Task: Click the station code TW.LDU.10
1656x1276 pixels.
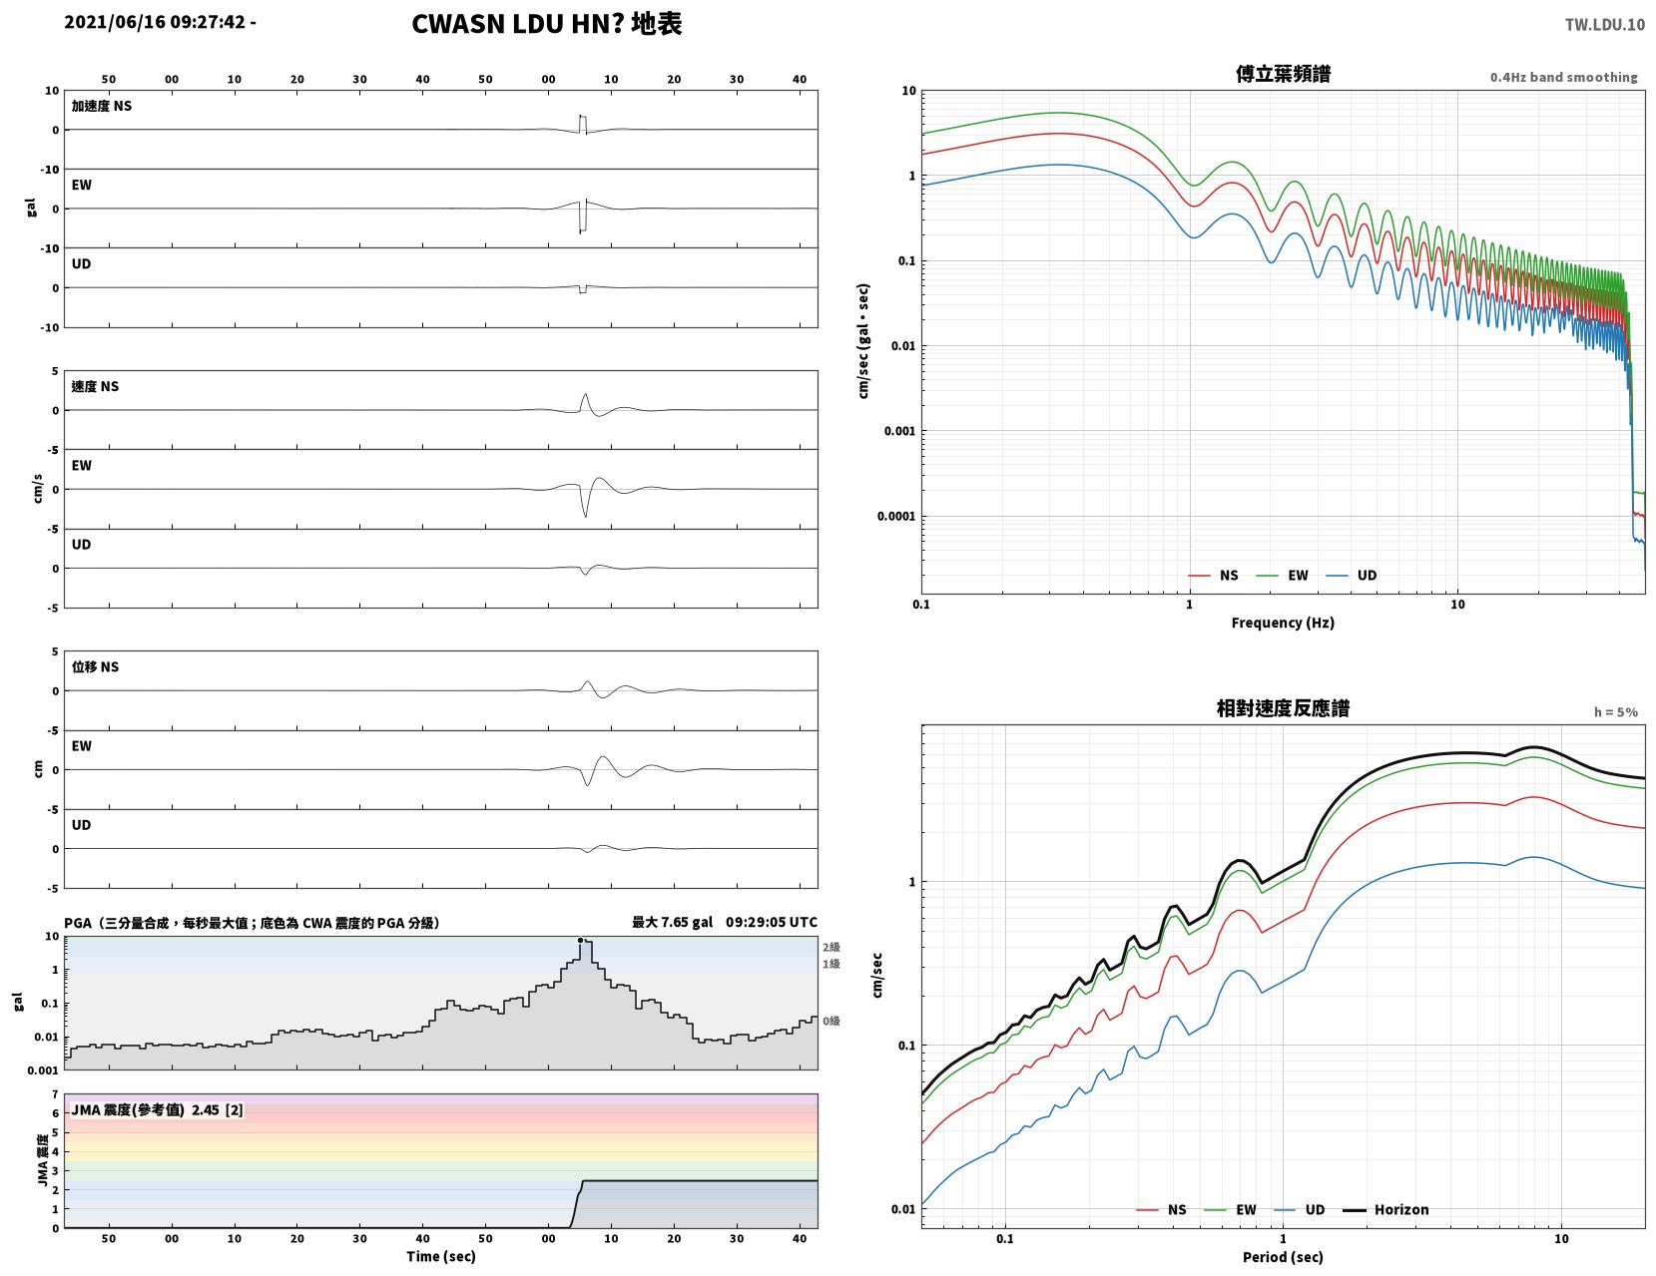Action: click(x=1604, y=24)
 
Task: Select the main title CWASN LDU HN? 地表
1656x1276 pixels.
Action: click(x=546, y=24)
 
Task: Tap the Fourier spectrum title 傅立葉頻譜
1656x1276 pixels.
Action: click(x=1283, y=74)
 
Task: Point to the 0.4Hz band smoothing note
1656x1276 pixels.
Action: click(x=1563, y=77)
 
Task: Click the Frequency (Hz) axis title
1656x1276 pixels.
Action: click(x=1283, y=622)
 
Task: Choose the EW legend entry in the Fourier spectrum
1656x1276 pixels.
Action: click(x=1282, y=575)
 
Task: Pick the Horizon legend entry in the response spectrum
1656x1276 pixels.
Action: click(x=1384, y=1209)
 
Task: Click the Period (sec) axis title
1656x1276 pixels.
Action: click(x=1283, y=1257)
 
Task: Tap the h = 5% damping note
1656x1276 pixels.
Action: click(x=1615, y=712)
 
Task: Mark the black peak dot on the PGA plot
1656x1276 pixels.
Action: click(x=580, y=940)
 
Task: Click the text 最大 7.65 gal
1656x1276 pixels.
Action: click(x=672, y=922)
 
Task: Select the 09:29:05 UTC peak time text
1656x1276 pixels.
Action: click(x=772, y=922)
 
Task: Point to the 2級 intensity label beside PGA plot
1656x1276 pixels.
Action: click(x=830, y=947)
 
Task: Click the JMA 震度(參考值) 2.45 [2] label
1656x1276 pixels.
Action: click(x=157, y=1109)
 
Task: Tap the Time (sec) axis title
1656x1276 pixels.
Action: click(x=440, y=1256)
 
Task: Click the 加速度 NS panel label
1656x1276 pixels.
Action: click(x=102, y=106)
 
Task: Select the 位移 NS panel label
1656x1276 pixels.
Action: click(x=95, y=666)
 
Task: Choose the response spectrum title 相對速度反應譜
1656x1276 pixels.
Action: click(x=1283, y=708)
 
